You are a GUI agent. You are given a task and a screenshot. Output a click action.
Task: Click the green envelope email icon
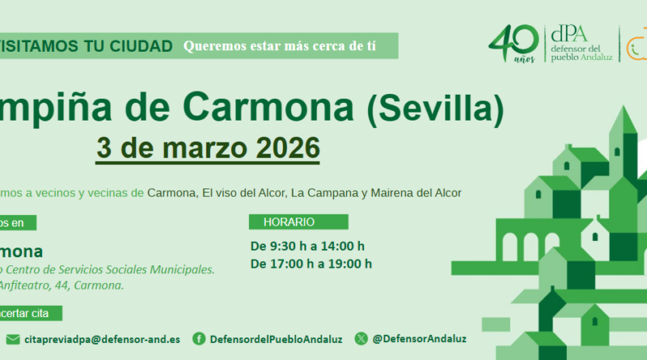point(13,339)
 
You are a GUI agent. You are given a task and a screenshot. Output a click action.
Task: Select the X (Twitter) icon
point(361,339)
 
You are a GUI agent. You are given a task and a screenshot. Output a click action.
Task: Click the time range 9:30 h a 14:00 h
point(307,246)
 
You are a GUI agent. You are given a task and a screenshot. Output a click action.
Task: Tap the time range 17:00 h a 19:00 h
point(311,264)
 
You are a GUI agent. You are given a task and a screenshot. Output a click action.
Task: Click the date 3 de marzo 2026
point(208,149)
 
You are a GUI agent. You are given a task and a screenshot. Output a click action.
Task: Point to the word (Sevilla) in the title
point(436,108)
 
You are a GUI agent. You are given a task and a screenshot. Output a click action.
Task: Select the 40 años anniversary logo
point(514,48)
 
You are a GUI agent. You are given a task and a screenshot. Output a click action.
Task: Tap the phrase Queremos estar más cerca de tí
point(279,45)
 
